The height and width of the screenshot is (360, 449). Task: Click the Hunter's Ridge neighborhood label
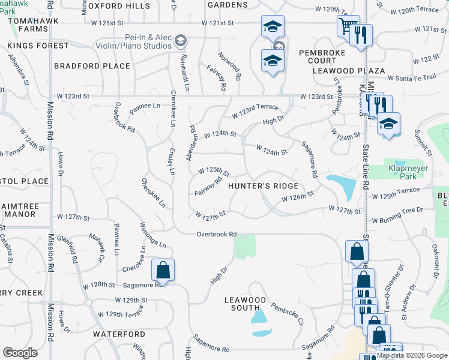[264, 186]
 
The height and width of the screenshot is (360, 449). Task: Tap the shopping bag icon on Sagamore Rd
[163, 271]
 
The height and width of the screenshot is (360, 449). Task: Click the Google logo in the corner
[20, 353]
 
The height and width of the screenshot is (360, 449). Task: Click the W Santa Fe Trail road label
[411, 78]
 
